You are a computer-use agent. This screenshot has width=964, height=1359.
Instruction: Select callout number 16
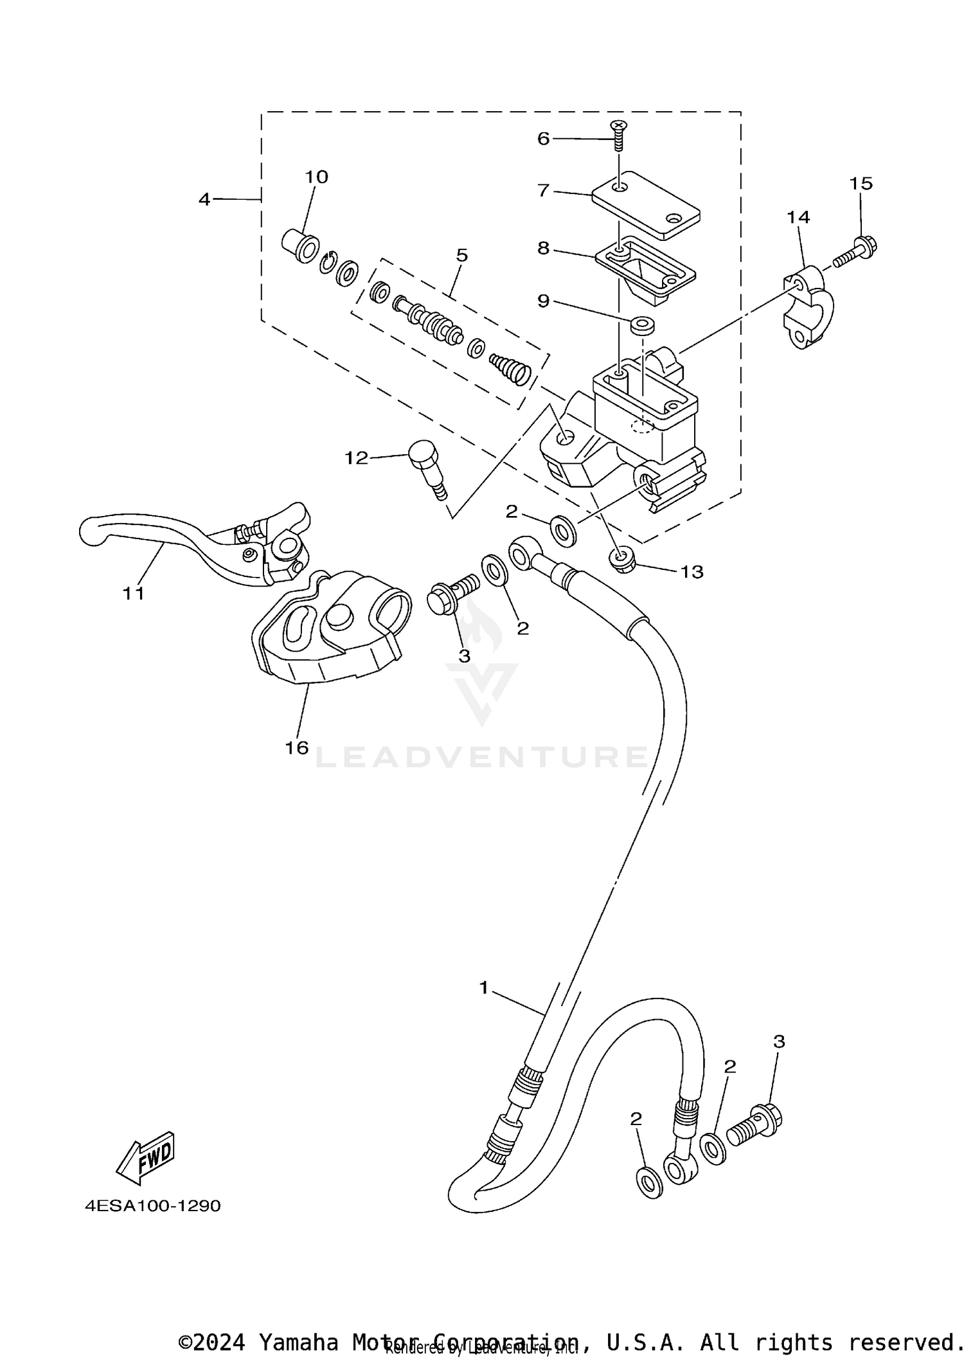pos(297,747)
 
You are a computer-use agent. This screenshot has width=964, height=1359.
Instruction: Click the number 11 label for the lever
pos(134,593)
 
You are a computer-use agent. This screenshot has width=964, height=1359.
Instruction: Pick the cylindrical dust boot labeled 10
pos(300,245)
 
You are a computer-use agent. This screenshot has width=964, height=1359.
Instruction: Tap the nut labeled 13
pos(622,560)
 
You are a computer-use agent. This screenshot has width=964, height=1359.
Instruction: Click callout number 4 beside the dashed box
pos(204,199)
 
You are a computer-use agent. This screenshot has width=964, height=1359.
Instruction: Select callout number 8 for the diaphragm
pos(544,248)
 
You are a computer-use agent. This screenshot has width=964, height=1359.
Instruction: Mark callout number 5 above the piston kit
pos(461,255)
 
